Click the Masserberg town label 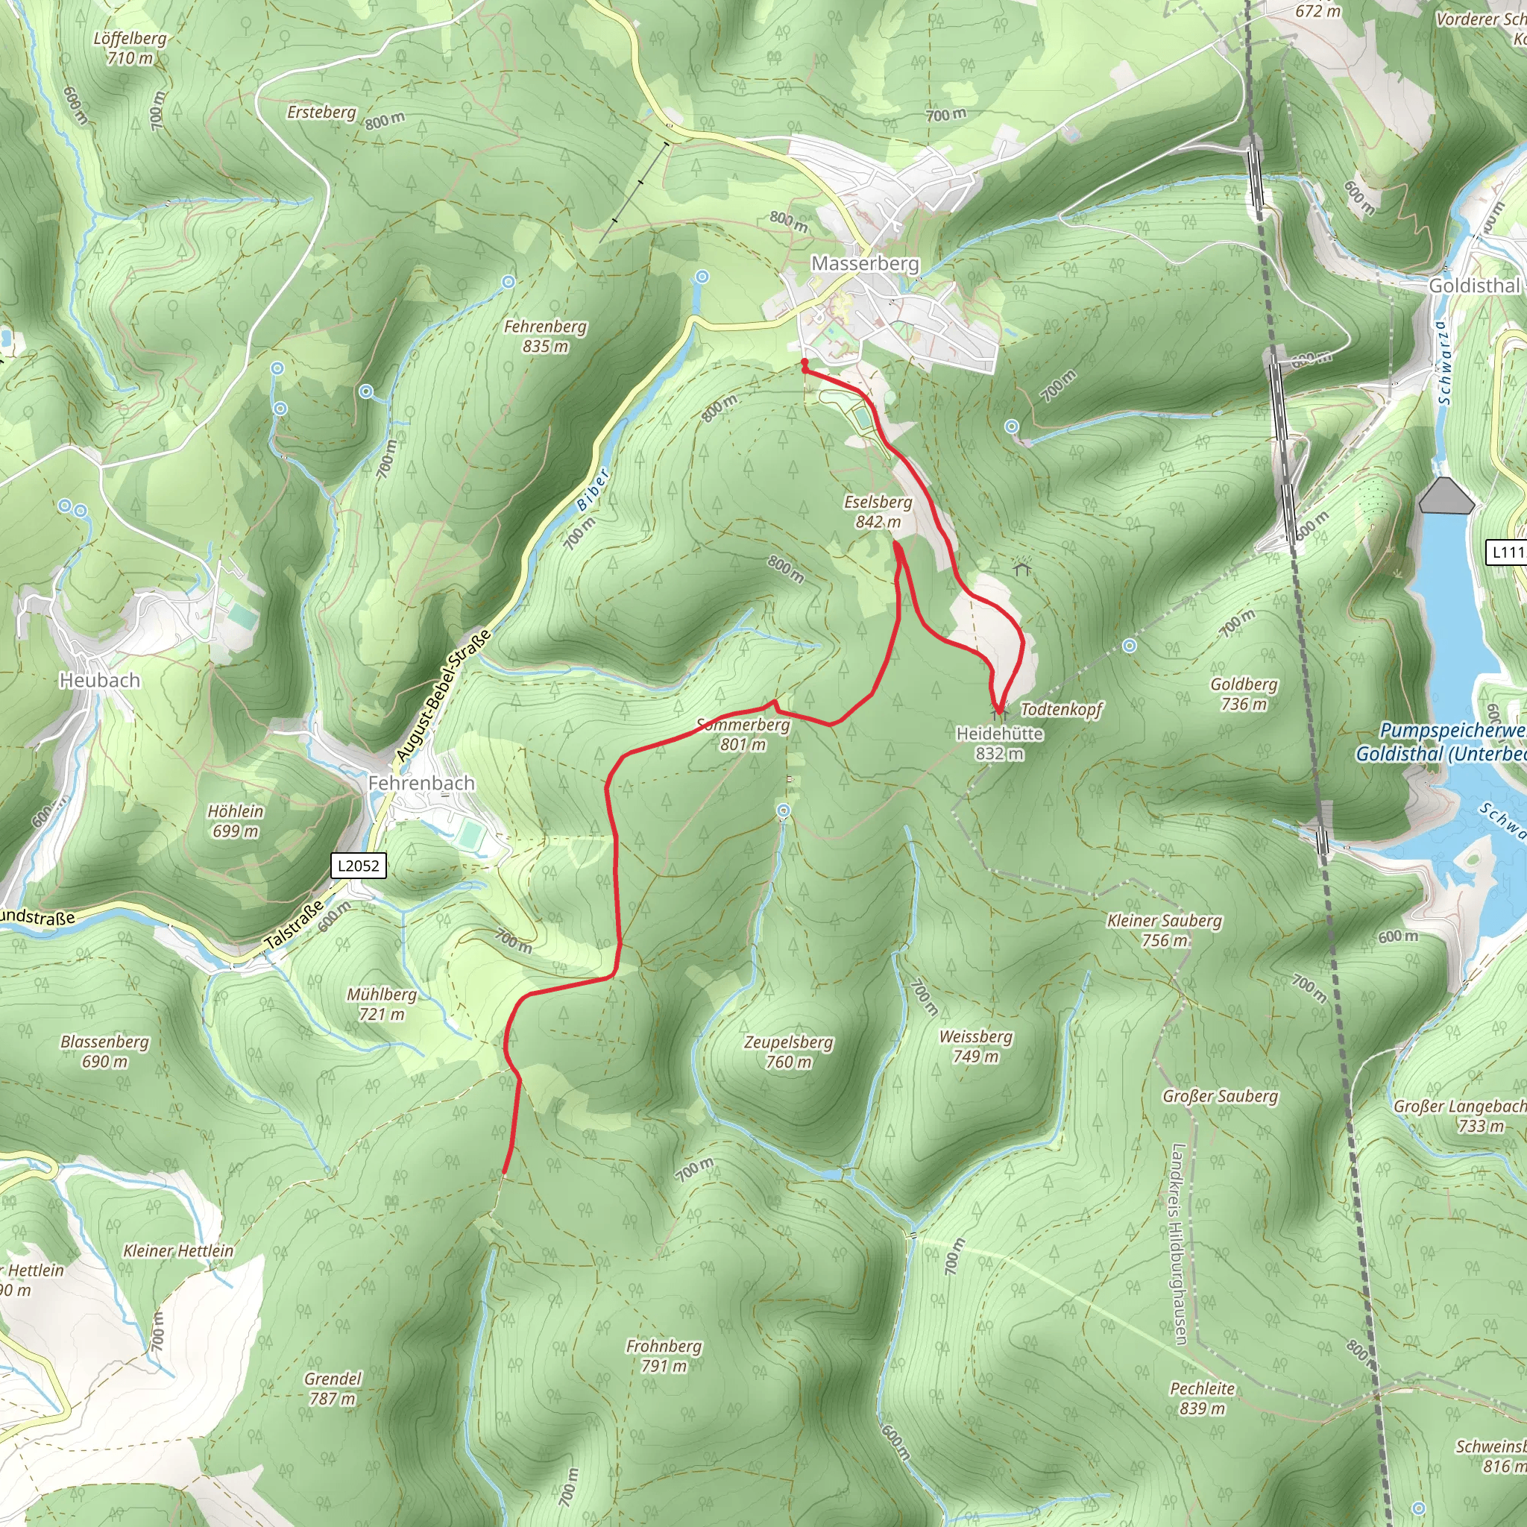tap(865, 264)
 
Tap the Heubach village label tap(100, 681)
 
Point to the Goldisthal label tap(1474, 286)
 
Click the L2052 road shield tap(358, 866)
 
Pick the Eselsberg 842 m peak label tap(878, 512)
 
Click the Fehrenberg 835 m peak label tap(545, 336)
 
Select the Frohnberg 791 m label tap(664, 1356)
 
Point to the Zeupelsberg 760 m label tap(788, 1052)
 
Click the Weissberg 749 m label tap(975, 1046)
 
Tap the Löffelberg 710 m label tap(130, 48)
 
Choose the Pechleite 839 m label tap(1202, 1398)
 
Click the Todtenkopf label tap(1061, 709)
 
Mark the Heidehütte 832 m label tap(999, 743)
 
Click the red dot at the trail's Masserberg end tap(805, 363)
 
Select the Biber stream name tap(592, 490)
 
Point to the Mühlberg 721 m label tap(382, 1004)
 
